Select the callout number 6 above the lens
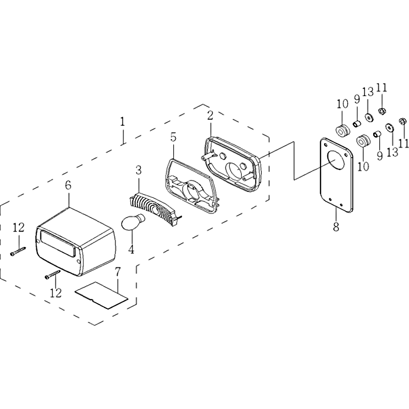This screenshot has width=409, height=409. point(68,185)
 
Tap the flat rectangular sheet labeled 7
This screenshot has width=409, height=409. point(101,295)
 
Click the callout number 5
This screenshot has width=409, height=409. point(173,137)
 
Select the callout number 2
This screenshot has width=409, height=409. point(210,116)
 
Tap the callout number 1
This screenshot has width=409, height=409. point(122,122)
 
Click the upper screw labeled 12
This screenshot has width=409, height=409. point(18,251)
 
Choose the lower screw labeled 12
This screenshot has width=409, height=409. point(53,275)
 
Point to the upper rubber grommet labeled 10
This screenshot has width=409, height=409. point(342,131)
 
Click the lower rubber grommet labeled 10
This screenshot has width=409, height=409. point(363,141)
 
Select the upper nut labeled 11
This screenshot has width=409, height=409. point(382,111)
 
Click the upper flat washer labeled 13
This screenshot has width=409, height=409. point(369,118)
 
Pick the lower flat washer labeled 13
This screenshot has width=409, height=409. point(390,128)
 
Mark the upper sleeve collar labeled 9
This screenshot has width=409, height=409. point(357,124)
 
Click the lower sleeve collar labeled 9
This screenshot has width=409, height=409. point(377,134)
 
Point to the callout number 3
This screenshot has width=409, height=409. point(139,170)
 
